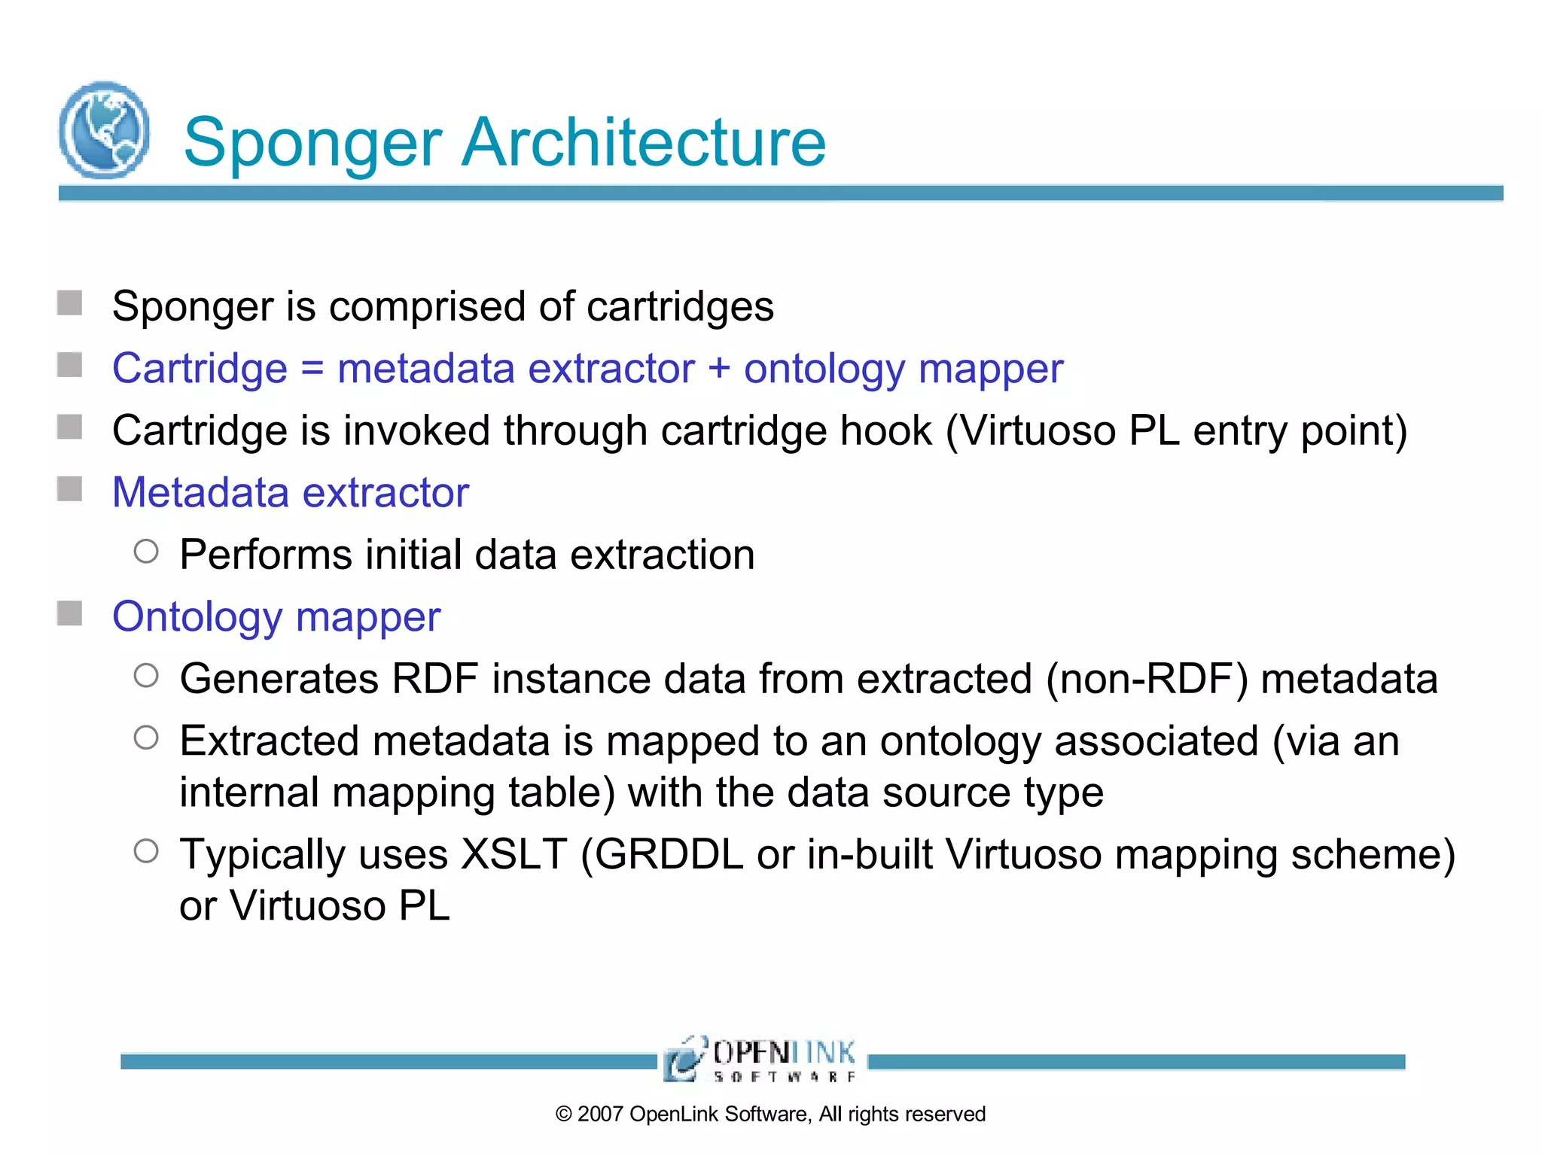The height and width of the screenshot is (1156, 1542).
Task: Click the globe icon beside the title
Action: click(104, 129)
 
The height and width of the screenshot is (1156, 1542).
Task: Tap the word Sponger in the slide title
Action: click(312, 143)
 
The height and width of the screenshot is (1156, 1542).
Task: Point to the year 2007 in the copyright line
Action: click(600, 1114)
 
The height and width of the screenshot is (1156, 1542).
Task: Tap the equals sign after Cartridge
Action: click(312, 370)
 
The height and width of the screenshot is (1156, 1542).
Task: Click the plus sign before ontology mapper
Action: click(719, 370)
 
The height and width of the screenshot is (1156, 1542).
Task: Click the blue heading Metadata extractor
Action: click(291, 493)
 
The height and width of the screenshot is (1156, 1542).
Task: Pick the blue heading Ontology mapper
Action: click(276, 617)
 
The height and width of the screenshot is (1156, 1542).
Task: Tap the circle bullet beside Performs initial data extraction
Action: click(146, 552)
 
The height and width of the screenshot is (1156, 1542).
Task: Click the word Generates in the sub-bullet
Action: click(279, 679)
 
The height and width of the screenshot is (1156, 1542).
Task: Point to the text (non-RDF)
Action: click(1147, 679)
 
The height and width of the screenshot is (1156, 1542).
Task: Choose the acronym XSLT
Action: click(514, 854)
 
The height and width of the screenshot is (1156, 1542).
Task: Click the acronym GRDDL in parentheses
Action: click(663, 854)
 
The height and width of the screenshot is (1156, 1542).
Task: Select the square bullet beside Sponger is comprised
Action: click(70, 303)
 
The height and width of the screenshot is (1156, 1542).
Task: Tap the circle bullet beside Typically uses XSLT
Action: click(146, 851)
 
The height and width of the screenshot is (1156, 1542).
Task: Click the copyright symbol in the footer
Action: click(564, 1114)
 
